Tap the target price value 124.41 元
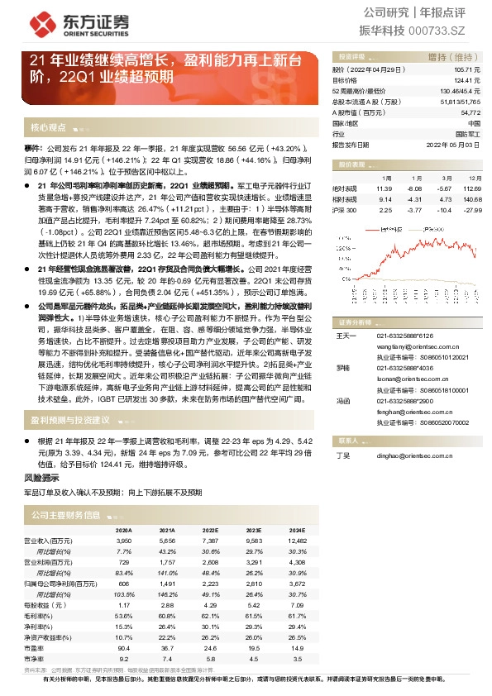point(466,81)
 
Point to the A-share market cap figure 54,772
point(469,112)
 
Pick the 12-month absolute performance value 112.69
point(472,188)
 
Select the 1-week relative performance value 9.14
point(385,199)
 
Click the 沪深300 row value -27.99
point(472,210)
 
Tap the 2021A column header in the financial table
point(166,530)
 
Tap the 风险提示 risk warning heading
point(41,477)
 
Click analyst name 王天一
point(345,336)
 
